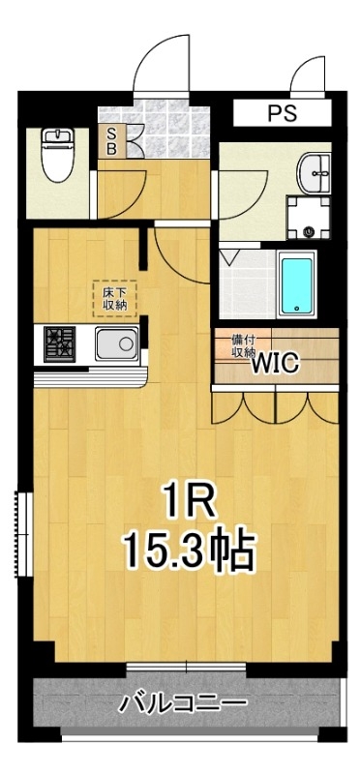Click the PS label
[283, 113]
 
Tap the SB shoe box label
[111, 140]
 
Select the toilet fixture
[58, 155]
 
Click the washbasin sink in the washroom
[315, 173]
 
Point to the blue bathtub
[296, 284]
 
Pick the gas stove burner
[59, 344]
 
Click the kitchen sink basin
[117, 343]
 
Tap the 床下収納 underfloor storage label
[114, 299]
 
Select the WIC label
[276, 365]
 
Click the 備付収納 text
[243, 346]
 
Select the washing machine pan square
[309, 217]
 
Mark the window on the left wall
[23, 534]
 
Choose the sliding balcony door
[186, 669]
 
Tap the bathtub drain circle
[296, 309]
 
